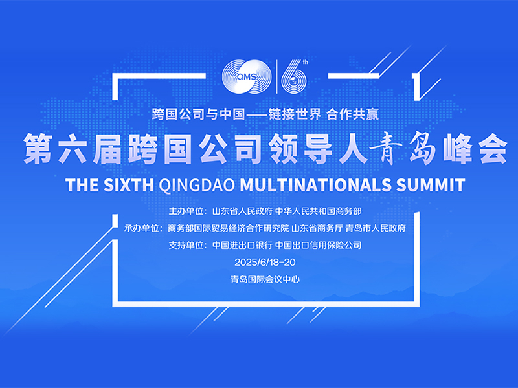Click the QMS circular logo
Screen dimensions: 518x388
click(x=247, y=77)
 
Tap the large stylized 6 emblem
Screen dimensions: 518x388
click(x=294, y=77)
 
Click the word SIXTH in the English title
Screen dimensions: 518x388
click(x=129, y=185)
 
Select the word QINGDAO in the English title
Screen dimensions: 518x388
click(x=197, y=185)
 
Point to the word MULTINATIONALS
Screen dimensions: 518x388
click(x=315, y=185)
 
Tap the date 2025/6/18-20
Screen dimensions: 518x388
click(x=265, y=263)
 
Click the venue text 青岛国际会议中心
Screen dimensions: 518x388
click(x=265, y=279)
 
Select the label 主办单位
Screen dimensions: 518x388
click(x=186, y=211)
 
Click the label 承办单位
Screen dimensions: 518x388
click(x=142, y=228)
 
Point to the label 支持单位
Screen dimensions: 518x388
click(x=186, y=245)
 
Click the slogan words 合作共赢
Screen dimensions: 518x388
click(x=352, y=114)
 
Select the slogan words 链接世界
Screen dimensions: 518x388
click(x=295, y=114)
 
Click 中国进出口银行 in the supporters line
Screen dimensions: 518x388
click(x=242, y=245)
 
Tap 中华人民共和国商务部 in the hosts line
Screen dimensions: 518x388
click(x=318, y=211)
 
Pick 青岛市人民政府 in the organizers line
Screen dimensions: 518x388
click(x=376, y=228)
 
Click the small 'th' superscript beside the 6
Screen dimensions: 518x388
click(x=305, y=62)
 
